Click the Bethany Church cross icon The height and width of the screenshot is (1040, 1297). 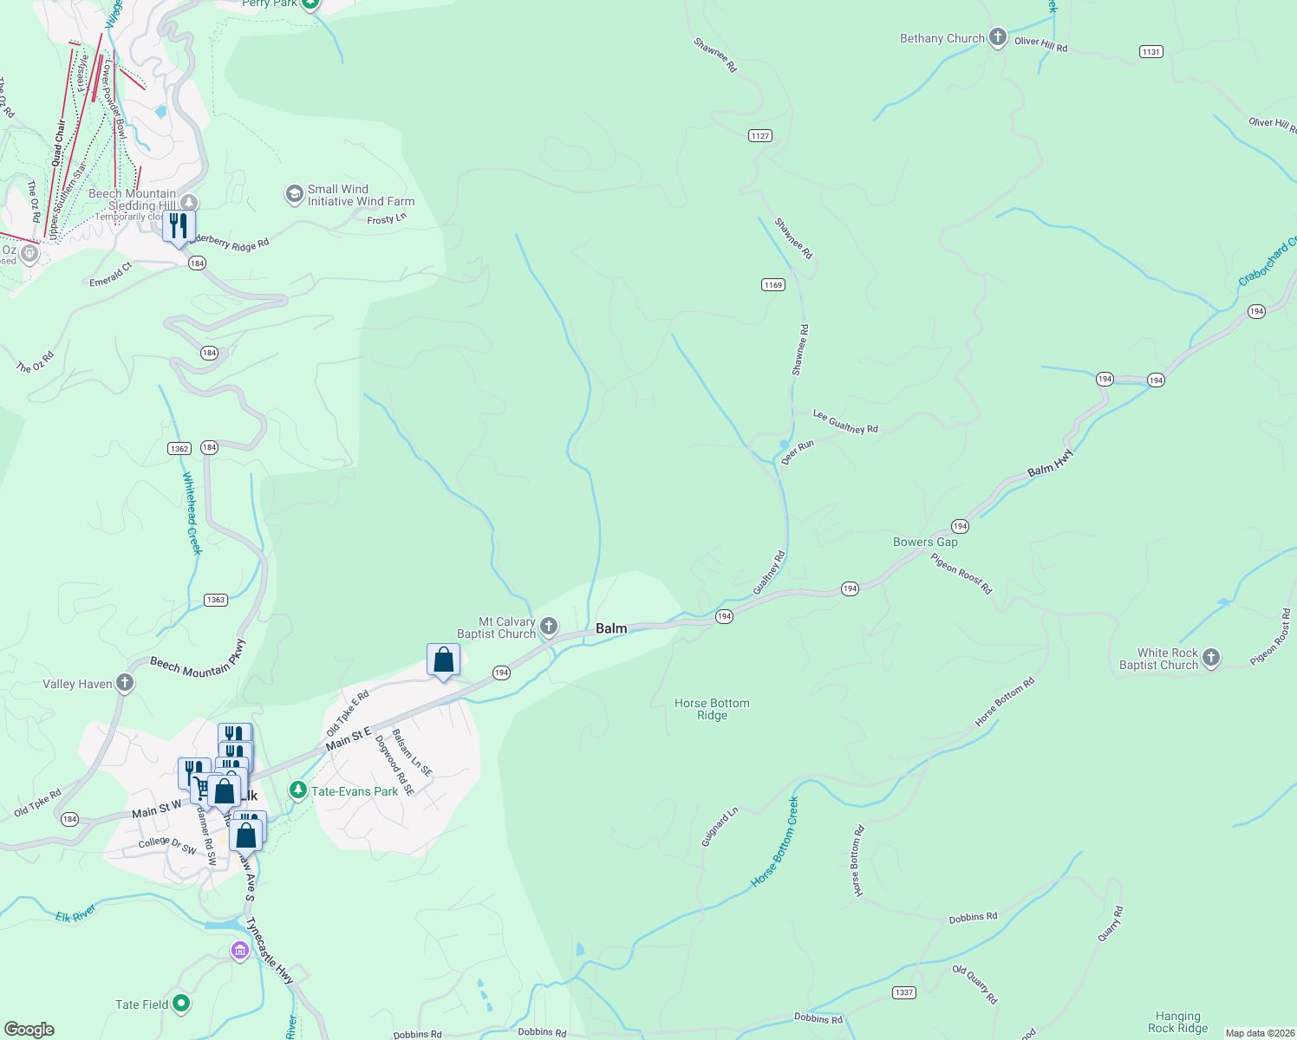(998, 37)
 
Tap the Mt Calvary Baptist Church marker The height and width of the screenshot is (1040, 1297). (548, 627)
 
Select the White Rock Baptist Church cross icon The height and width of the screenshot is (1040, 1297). (1211, 658)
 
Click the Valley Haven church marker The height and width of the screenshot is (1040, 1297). (125, 683)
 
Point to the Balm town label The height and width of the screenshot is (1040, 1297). (611, 628)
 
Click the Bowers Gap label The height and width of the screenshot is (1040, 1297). (925, 542)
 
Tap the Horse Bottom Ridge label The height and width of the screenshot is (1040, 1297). (712, 709)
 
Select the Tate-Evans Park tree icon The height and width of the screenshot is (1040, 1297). (298, 790)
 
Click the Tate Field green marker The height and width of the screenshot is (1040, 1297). (181, 1004)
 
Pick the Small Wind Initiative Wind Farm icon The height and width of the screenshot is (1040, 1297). (294, 194)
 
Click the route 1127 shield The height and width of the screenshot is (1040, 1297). (760, 135)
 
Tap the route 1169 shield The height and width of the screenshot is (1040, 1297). (772, 284)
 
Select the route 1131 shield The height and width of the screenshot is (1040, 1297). (1150, 52)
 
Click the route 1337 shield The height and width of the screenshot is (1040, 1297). (904, 992)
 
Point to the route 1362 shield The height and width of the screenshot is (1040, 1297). (179, 448)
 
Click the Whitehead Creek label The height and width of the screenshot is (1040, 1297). (192, 513)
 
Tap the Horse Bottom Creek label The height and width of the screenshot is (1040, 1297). (776, 842)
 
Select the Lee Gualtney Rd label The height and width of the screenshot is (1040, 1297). (845, 422)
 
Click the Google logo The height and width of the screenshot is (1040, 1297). (29, 1029)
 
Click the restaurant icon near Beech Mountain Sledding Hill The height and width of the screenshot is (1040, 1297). (179, 226)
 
